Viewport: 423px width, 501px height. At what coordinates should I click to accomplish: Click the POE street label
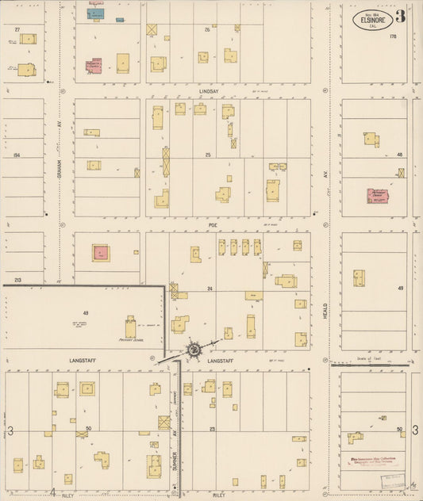(x=213, y=225)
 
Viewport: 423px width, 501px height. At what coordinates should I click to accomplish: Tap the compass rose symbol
(x=193, y=349)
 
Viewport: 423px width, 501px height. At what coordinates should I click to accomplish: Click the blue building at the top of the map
(x=96, y=13)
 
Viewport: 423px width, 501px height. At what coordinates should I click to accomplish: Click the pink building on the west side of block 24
(x=101, y=253)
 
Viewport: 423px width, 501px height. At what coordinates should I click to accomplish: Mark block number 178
(x=392, y=36)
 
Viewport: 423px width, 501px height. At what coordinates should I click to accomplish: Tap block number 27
(x=17, y=29)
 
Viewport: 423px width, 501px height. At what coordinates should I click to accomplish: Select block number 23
(x=213, y=429)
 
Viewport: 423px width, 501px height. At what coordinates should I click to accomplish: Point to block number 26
(x=208, y=29)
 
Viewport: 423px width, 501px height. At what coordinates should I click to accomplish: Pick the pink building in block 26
(x=94, y=67)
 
